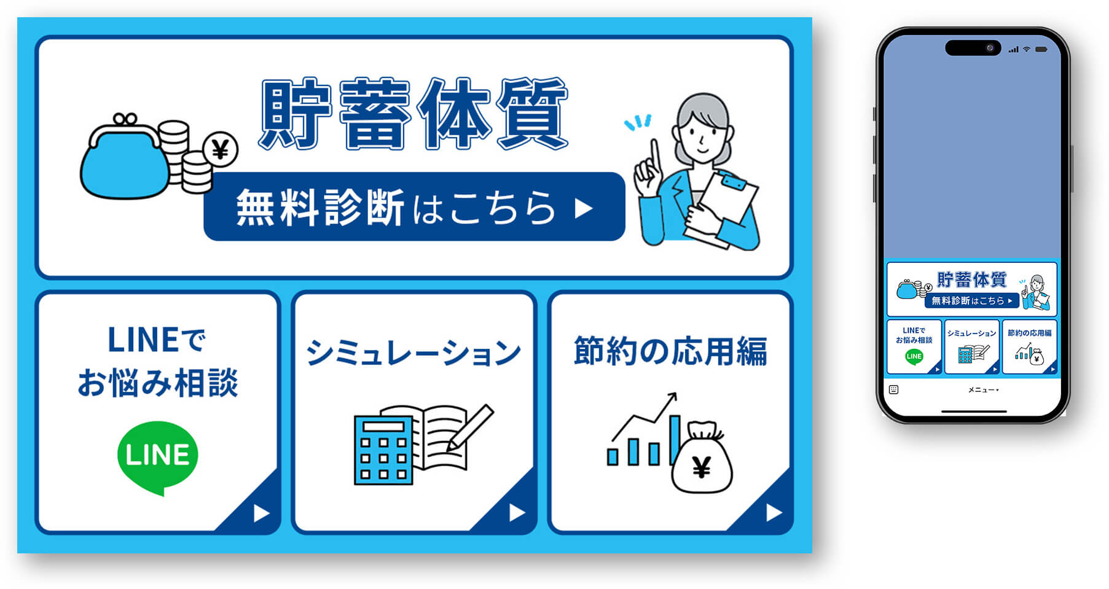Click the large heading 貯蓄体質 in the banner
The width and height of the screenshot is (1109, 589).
413,114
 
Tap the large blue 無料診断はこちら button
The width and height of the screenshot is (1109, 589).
414,207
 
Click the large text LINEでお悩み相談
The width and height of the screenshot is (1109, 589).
157,362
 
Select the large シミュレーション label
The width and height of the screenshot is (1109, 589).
413,353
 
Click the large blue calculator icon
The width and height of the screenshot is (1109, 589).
383,450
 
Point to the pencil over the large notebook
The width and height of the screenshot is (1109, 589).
471,427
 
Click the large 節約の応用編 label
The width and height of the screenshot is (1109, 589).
670,351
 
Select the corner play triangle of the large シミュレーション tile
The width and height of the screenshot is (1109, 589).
517,512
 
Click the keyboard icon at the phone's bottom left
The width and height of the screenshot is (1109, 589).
894,389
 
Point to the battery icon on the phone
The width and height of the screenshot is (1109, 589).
1041,49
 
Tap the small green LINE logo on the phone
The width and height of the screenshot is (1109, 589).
914,356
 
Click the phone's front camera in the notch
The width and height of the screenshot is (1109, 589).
990,48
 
